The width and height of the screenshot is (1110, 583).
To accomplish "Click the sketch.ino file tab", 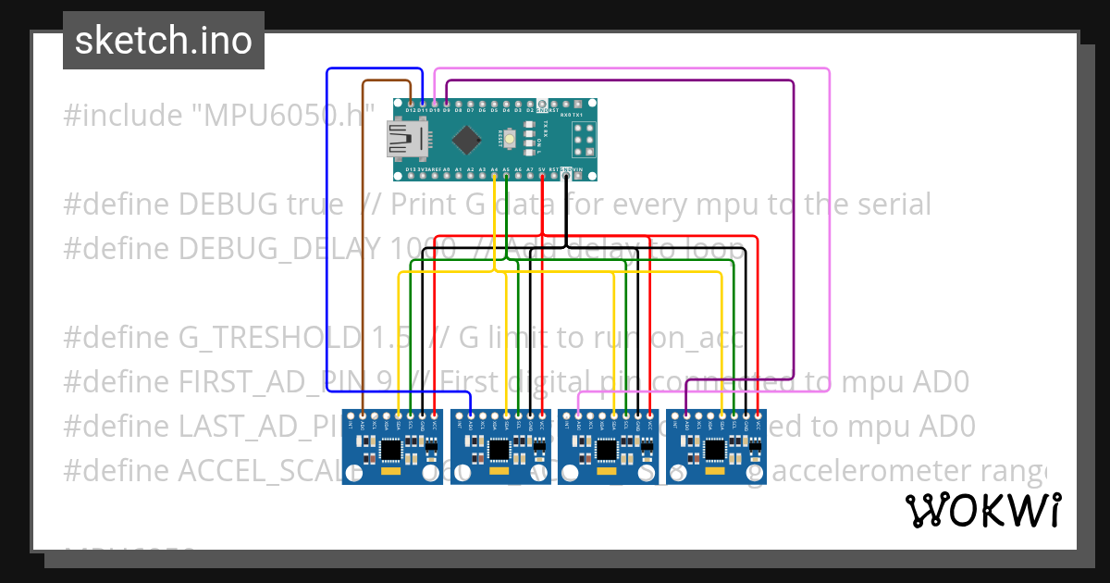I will click(x=164, y=41).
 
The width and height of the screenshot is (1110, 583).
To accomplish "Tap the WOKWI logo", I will click(x=982, y=510).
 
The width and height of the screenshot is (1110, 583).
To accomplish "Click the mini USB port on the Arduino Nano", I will click(x=405, y=140).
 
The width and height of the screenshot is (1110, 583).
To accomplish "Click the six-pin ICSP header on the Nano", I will click(x=584, y=140).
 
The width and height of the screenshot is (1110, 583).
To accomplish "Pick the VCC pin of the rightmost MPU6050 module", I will click(x=758, y=414).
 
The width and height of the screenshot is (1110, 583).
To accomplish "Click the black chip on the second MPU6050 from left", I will click(x=499, y=449).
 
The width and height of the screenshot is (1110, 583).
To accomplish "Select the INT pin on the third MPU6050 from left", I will click(x=567, y=414).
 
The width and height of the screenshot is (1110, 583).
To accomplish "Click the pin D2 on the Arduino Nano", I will click(x=530, y=103).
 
